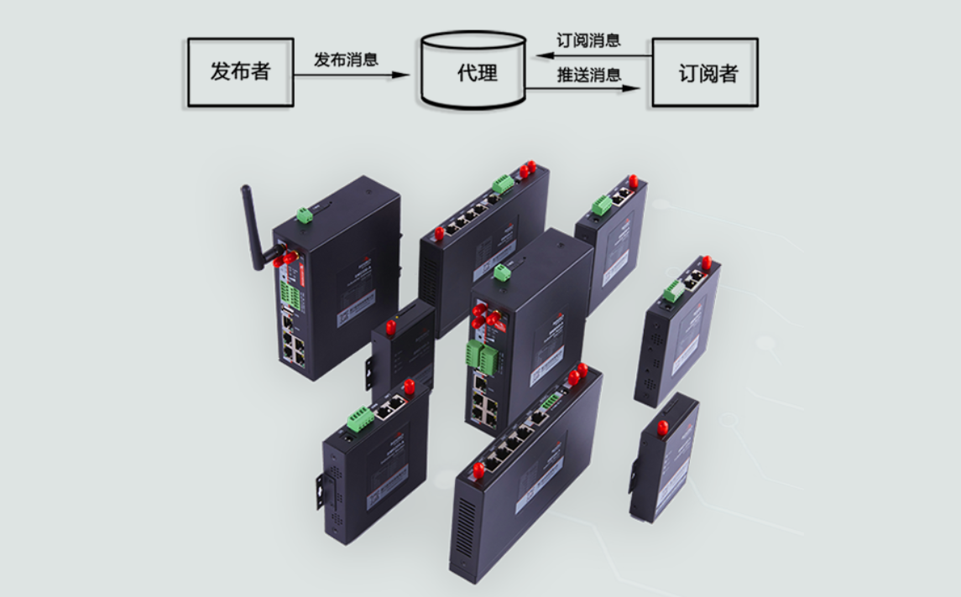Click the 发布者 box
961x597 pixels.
pos(240,72)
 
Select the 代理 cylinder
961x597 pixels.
pos(476,71)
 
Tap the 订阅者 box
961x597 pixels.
pos(705,72)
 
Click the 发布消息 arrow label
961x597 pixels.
pos(346,60)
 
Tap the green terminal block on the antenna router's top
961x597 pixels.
pos(304,215)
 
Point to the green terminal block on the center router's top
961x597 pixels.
pos(502,273)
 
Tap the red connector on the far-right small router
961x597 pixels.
pos(662,428)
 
